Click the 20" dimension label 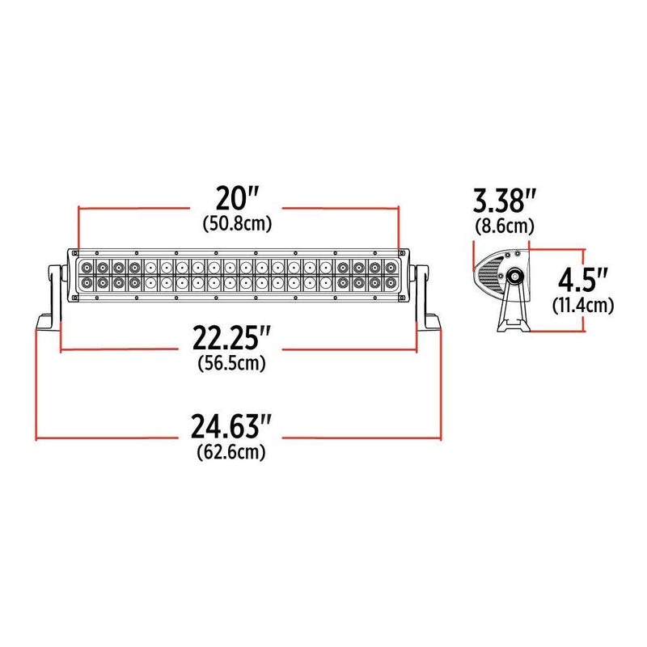pyautogui.click(x=237, y=198)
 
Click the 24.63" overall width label pyautogui.click(x=231, y=427)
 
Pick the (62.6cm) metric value pyautogui.click(x=231, y=452)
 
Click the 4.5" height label pyautogui.click(x=583, y=281)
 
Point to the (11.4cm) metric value pyautogui.click(x=583, y=306)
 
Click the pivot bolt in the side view pyautogui.click(x=514, y=277)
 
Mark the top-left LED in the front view pyautogui.click(x=86, y=267)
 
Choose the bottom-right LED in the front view pyautogui.click(x=391, y=284)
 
